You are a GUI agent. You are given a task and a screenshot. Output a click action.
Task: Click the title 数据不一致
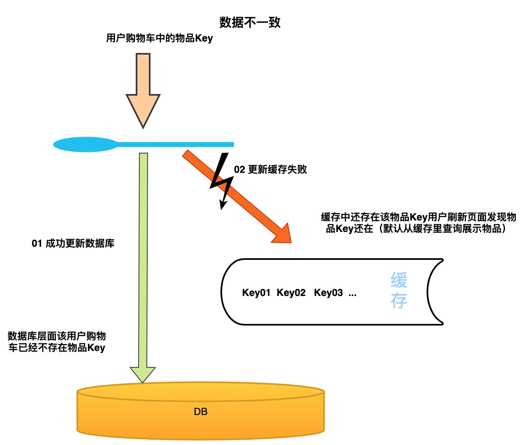(250, 22)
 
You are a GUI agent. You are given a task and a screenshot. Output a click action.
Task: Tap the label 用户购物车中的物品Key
(160, 38)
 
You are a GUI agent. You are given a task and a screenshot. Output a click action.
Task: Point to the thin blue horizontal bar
(177, 145)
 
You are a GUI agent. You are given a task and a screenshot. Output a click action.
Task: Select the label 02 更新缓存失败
(270, 170)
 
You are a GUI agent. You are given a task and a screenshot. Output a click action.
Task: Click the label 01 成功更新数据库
(73, 243)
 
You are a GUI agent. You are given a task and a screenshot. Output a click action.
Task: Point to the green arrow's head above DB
(143, 374)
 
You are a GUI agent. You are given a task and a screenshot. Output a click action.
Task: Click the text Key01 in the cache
(256, 293)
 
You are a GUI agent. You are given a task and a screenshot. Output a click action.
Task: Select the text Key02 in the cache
(291, 293)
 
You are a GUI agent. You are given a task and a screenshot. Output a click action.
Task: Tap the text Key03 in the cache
(328, 293)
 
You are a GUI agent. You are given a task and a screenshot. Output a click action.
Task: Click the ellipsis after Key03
(352, 294)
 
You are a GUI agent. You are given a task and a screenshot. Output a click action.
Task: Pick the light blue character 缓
(398, 281)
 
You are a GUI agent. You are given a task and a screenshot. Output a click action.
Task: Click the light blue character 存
(398, 301)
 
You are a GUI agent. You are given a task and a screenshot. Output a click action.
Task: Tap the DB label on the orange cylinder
(201, 412)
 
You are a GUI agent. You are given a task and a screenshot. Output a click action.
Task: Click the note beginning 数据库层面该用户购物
(57, 342)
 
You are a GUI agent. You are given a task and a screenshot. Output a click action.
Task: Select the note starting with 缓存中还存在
(418, 223)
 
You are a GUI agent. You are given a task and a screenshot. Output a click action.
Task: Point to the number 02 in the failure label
(239, 170)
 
